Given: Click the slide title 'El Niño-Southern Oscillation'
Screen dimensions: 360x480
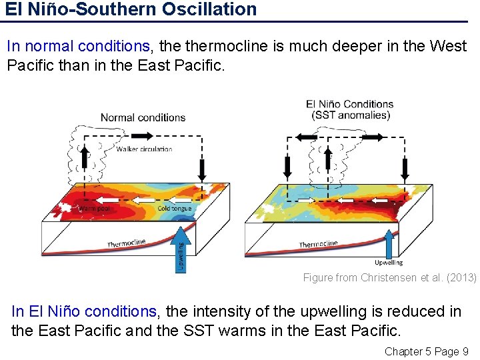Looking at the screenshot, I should (x=130, y=9).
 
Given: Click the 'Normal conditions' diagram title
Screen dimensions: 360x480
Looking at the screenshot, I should (x=143, y=118).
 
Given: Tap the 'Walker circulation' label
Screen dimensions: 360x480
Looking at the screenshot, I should (x=144, y=149).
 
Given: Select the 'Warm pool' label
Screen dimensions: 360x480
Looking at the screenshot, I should (x=95, y=209).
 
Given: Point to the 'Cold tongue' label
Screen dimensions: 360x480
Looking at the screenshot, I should (x=175, y=209).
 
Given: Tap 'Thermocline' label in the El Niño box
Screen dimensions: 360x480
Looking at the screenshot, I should (x=318, y=244).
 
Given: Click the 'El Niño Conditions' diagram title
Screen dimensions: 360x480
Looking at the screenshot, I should (x=349, y=104).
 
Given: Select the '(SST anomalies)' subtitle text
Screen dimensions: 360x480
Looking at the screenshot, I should (x=349, y=115).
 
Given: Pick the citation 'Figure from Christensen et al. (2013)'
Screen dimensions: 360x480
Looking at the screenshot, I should (x=389, y=277).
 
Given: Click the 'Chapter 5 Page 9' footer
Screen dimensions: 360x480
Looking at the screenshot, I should (x=427, y=351).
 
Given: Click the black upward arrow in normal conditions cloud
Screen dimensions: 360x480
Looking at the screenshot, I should (x=85, y=158).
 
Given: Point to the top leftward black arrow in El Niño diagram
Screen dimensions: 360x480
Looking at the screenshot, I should (x=306, y=137).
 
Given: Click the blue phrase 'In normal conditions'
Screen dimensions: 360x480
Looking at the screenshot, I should (x=78, y=47).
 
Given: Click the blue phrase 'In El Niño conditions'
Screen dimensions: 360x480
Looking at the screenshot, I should (x=84, y=311).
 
